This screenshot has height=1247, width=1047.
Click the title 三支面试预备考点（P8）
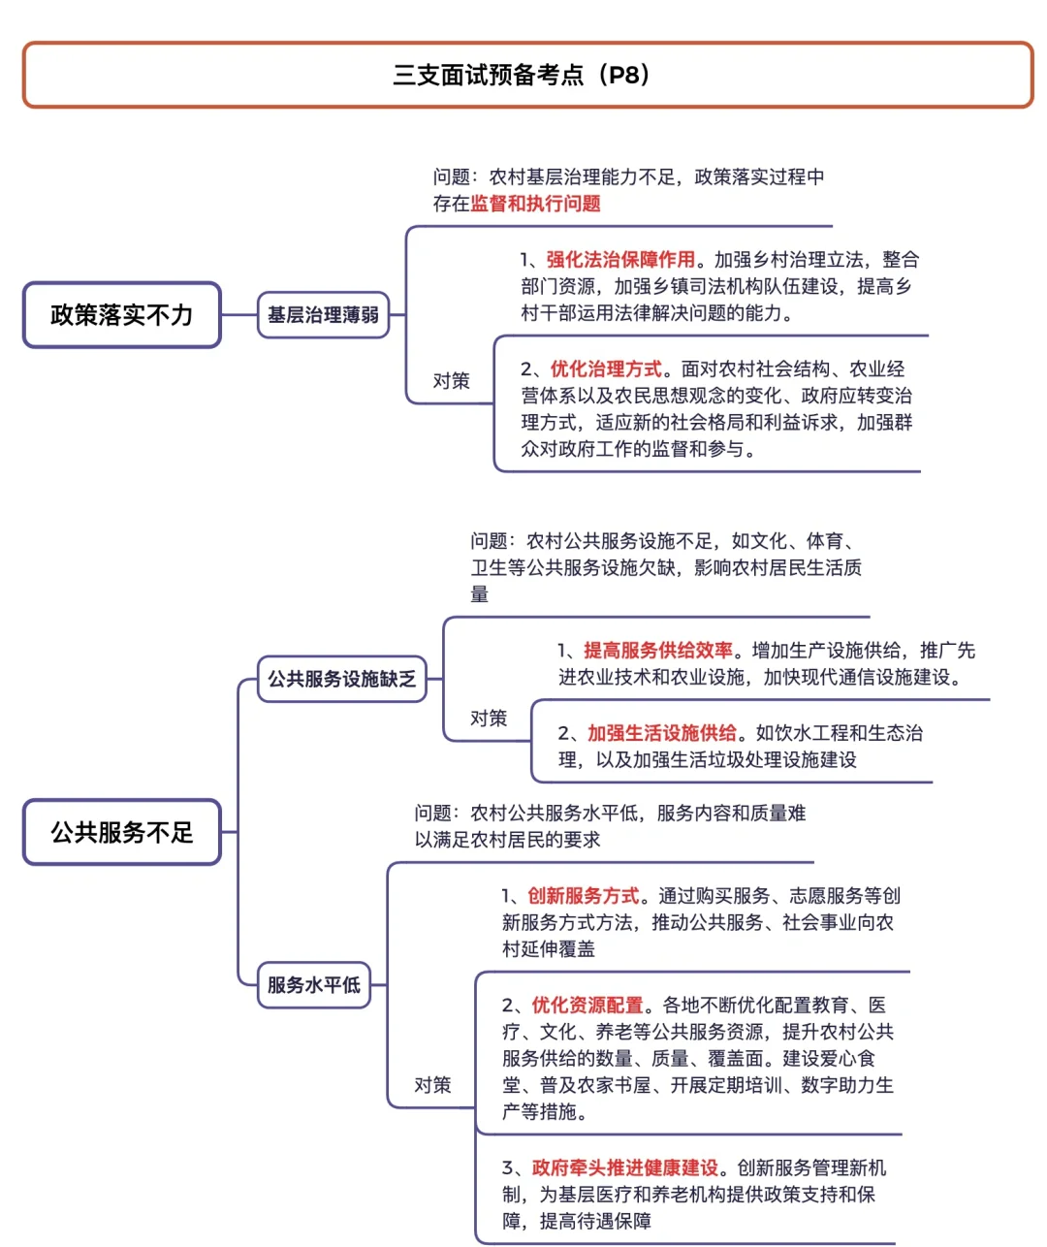(x=523, y=75)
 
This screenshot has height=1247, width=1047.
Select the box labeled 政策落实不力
(x=122, y=315)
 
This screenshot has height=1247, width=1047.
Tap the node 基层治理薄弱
(x=323, y=315)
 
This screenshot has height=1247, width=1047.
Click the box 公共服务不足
(x=122, y=832)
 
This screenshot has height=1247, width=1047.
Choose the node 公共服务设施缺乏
(x=341, y=679)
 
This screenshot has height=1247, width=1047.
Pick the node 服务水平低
(x=313, y=985)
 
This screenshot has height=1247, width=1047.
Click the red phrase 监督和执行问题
(x=535, y=204)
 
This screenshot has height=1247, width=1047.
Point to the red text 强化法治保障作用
(x=620, y=260)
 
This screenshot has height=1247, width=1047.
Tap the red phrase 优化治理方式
(x=606, y=369)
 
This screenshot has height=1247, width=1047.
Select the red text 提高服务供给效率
(x=658, y=651)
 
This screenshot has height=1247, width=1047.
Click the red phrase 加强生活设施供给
(x=662, y=733)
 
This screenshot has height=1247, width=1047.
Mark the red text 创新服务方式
(x=584, y=896)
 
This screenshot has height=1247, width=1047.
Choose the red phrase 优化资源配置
(x=587, y=1006)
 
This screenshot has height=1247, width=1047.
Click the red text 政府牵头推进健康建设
(x=625, y=1168)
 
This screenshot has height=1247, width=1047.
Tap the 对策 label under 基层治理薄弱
(x=451, y=381)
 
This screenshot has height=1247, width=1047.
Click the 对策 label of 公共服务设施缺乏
(x=489, y=719)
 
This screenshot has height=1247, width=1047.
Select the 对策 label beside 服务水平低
(x=432, y=1085)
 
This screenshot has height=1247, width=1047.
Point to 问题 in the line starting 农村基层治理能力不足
(x=452, y=177)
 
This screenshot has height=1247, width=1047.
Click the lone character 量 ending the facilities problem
(x=480, y=594)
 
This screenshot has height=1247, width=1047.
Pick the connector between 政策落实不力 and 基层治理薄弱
(x=239, y=315)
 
